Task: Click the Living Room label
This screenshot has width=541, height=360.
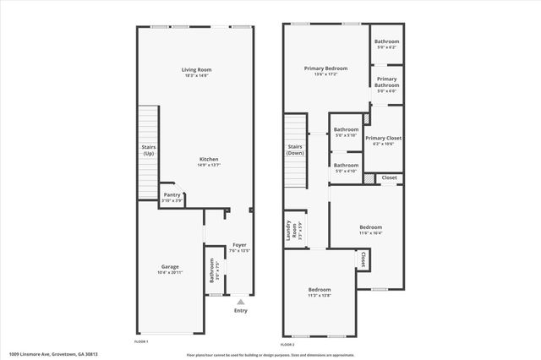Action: tap(196, 69)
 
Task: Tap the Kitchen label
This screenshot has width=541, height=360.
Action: tap(209, 159)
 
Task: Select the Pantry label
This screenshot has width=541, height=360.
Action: tap(172, 194)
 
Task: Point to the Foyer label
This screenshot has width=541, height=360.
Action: tap(240, 245)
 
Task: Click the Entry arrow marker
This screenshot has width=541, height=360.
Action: tap(241, 301)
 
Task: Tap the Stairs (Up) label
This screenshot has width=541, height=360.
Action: tap(148, 150)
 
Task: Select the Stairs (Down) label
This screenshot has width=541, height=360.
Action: tap(295, 150)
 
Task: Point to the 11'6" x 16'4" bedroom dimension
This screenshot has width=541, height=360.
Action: tap(371, 233)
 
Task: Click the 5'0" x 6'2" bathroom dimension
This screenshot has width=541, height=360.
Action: tap(386, 47)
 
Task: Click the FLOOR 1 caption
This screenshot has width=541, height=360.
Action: tap(141, 341)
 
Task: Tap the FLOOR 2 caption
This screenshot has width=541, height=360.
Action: tap(287, 344)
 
